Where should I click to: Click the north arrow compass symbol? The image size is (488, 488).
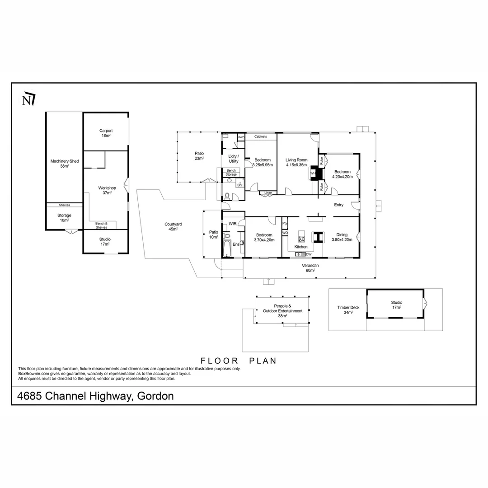pyautogui.click(x=28, y=99)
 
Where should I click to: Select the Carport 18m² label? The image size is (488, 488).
pyautogui.click(x=106, y=133)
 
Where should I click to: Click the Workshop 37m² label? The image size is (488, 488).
pyautogui.click(x=107, y=190)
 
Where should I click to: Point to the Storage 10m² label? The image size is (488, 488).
pyautogui.click(x=64, y=218)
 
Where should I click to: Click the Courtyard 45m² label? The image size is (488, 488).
pyautogui.click(x=170, y=226)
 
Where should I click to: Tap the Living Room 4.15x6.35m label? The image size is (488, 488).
pyautogui.click(x=296, y=162)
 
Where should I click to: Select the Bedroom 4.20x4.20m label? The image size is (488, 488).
pyautogui.click(x=342, y=174)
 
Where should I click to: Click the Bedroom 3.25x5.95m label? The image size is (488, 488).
pyautogui.click(x=262, y=163)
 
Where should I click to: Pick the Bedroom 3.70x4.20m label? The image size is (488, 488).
pyautogui.click(x=264, y=238)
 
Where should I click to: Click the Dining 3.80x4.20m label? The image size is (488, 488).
pyautogui.click(x=342, y=237)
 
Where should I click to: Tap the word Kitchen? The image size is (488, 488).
pyautogui.click(x=301, y=247)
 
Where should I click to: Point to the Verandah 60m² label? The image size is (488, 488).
pyautogui.click(x=310, y=268)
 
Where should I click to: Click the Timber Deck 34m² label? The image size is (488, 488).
pyautogui.click(x=348, y=310)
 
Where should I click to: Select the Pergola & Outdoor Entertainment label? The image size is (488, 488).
pyautogui.click(x=282, y=311)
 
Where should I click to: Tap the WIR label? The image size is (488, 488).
pyautogui.click(x=233, y=224)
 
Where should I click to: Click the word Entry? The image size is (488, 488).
pyautogui.click(x=338, y=205)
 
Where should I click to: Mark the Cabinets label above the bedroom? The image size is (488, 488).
pyautogui.click(x=260, y=136)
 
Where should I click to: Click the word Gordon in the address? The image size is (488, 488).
pyautogui.click(x=155, y=396)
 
